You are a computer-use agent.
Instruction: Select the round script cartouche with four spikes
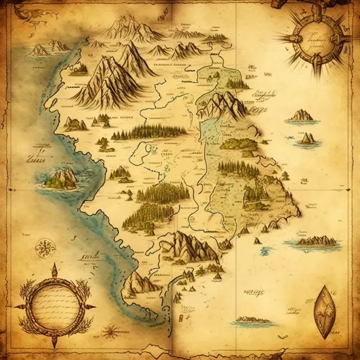(54, 306)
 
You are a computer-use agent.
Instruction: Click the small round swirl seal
(45, 246)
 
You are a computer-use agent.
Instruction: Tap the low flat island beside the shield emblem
(252, 320)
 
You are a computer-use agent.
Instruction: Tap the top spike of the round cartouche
(54, 269)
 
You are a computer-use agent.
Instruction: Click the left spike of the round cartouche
(18, 306)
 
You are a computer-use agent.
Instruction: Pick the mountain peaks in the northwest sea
(49, 48)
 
